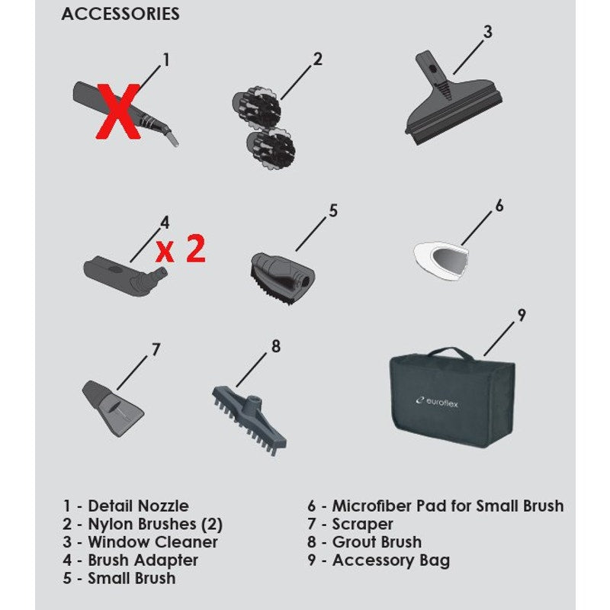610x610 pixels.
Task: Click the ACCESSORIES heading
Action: (x=120, y=14)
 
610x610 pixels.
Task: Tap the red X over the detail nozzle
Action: (x=118, y=111)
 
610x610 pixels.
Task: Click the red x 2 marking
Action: (x=181, y=249)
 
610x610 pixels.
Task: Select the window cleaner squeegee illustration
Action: (x=453, y=98)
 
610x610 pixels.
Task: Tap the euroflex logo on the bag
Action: (x=437, y=402)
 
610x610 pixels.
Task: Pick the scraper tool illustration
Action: (x=112, y=409)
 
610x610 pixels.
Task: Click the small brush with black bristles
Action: (x=282, y=278)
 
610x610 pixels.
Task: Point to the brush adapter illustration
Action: (x=125, y=276)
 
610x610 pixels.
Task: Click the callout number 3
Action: (x=487, y=32)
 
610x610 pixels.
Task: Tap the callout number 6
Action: (x=499, y=205)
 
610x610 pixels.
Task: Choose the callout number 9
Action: (x=522, y=315)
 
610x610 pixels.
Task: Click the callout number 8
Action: (x=276, y=346)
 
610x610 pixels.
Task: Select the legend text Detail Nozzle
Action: (x=138, y=506)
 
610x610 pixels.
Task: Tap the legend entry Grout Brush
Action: (x=377, y=542)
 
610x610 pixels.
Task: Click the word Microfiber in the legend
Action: (x=371, y=506)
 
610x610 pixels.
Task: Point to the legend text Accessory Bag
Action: (x=390, y=560)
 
